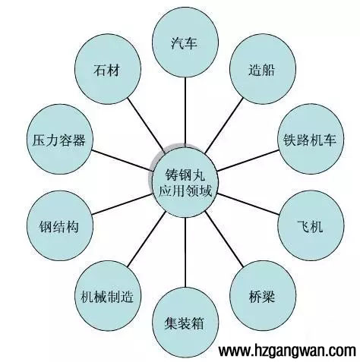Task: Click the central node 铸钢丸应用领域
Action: pos(182,181)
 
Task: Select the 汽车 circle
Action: pos(185,44)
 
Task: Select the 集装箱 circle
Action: pos(185,321)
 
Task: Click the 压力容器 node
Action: pos(58,140)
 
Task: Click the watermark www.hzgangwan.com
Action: pos(287,351)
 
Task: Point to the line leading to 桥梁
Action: pos(224,242)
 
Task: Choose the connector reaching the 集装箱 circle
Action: pos(184,250)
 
